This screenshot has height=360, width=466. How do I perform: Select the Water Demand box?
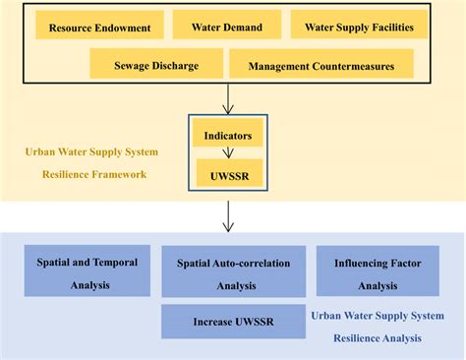coord(226,27)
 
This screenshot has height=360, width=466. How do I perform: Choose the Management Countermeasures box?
coord(320,65)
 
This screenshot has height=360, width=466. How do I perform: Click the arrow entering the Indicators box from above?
coord(227,98)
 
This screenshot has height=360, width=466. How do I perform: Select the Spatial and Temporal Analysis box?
coord(87,270)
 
